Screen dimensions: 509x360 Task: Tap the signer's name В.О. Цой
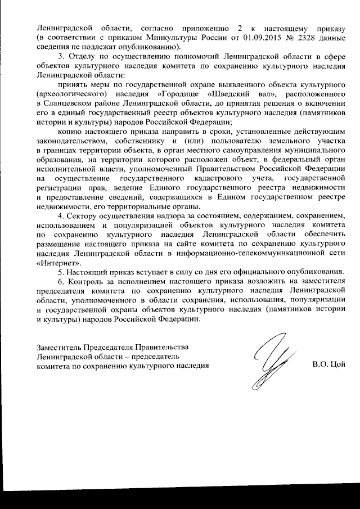coord(328,365)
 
